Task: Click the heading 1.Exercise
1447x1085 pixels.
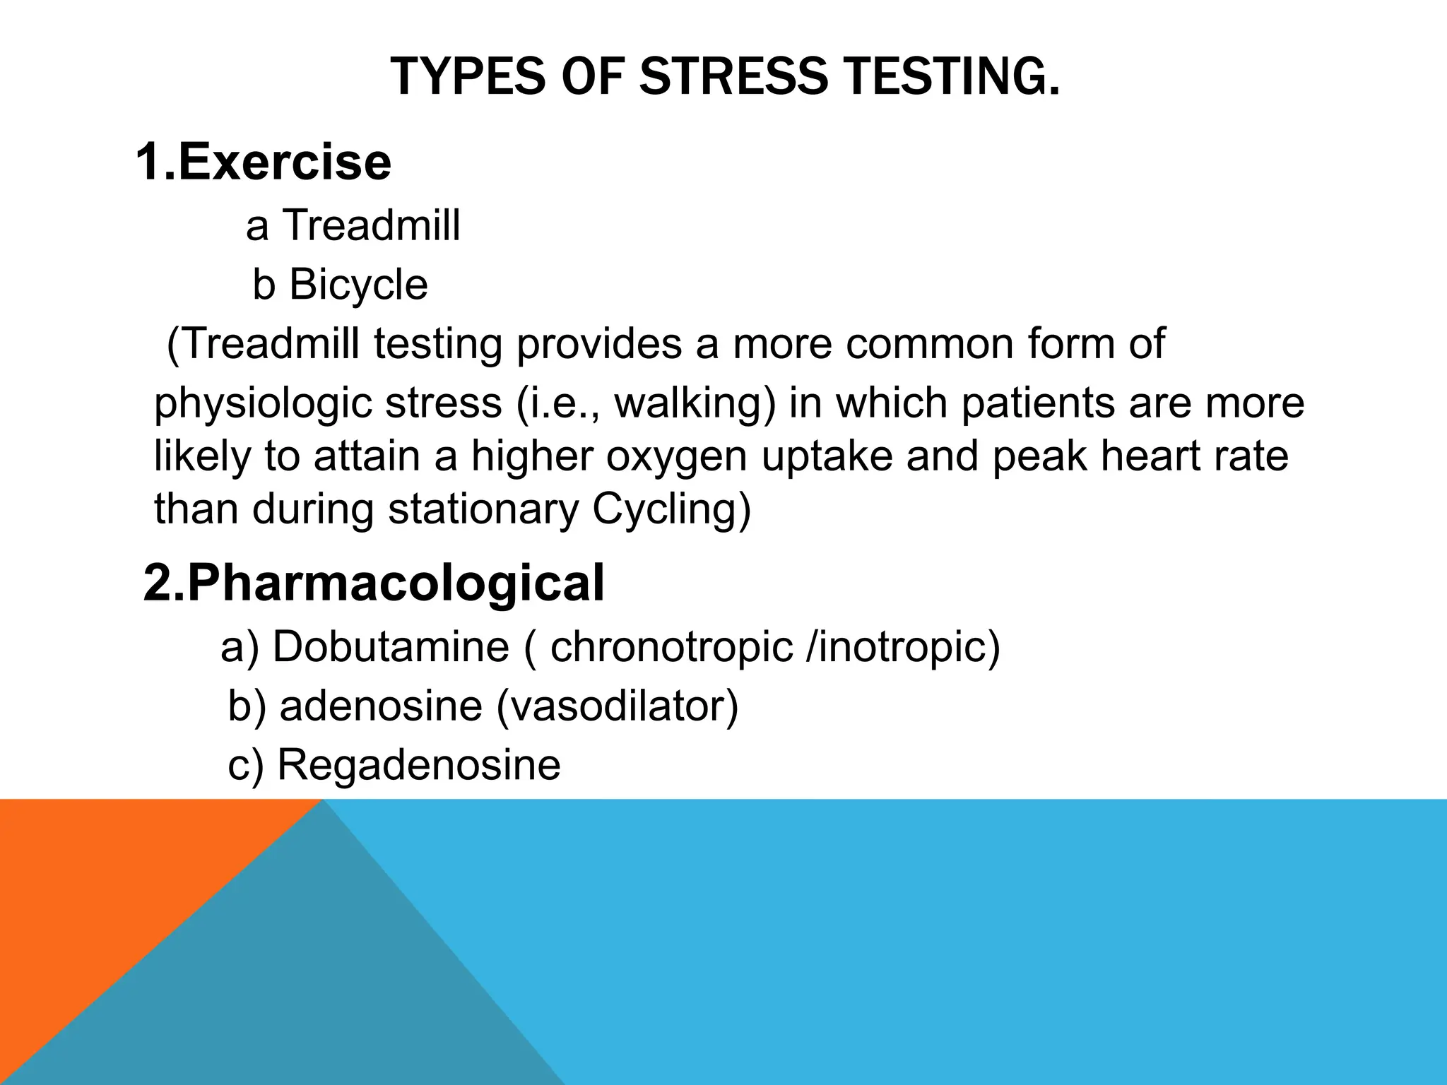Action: coord(263,162)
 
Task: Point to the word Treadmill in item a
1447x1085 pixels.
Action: coord(372,226)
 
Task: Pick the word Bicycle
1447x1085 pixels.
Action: coord(358,285)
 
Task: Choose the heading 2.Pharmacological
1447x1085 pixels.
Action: coord(374,583)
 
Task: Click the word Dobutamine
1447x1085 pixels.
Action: coord(391,646)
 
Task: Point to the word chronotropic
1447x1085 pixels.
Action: coord(671,646)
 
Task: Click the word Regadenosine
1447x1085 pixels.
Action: coord(419,764)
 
